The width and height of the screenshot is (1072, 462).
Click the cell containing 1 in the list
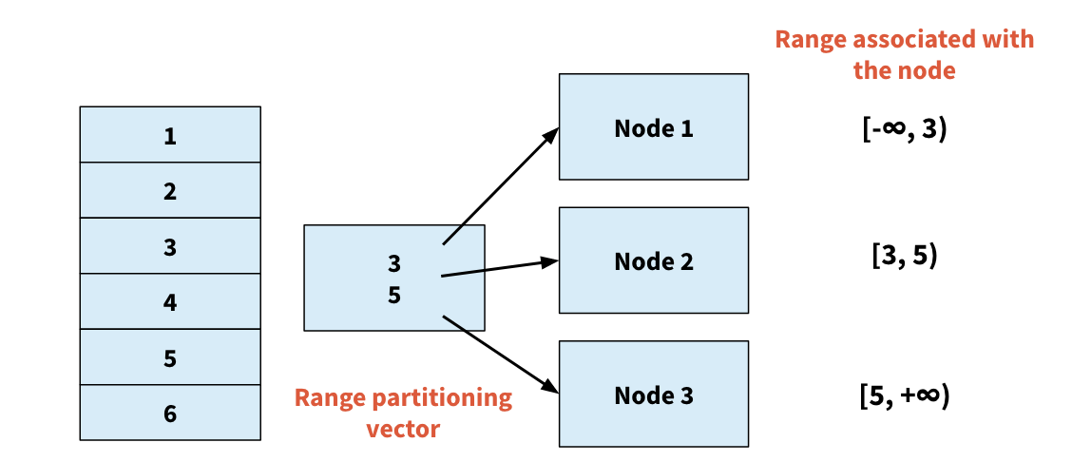(x=170, y=135)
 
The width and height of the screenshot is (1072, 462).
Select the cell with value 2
(x=170, y=191)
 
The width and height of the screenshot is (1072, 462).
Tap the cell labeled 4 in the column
(x=170, y=302)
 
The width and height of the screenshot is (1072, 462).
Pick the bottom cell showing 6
(x=170, y=414)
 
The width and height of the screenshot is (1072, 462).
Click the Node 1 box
(x=653, y=127)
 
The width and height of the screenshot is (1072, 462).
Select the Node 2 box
(x=653, y=260)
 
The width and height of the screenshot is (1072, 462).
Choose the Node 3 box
(x=653, y=395)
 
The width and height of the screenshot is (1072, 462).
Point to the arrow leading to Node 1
(x=499, y=187)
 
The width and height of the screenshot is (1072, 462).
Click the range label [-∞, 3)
(x=905, y=129)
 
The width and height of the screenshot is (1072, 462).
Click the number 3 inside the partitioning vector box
(x=394, y=262)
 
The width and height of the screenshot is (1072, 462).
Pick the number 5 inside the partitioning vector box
(x=394, y=295)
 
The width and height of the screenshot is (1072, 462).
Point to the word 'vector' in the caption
(x=403, y=429)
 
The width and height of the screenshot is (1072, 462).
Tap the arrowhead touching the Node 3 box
(x=551, y=387)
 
